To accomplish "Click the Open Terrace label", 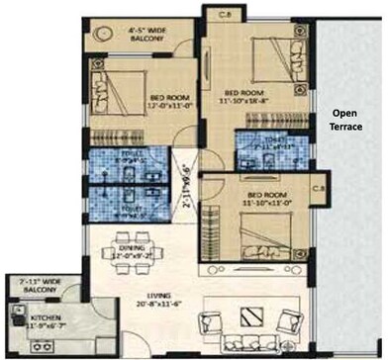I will [347, 120].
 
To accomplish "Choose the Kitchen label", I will [38, 316].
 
